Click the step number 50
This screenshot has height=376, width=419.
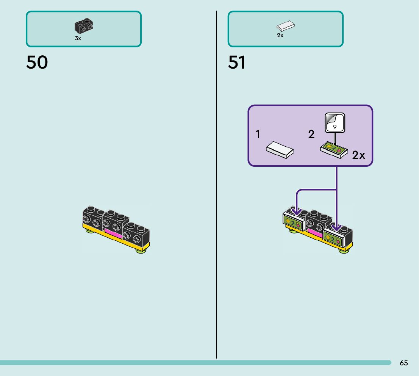click(37, 63)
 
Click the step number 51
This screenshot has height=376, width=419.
click(237, 63)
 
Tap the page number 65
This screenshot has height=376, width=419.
click(404, 363)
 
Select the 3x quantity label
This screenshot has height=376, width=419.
click(78, 38)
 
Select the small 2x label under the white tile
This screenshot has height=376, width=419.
click(280, 35)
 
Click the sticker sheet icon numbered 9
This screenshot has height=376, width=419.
click(335, 122)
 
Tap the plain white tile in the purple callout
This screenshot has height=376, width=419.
click(280, 149)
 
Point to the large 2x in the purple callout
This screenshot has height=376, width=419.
click(358, 155)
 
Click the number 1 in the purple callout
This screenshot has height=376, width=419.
click(258, 134)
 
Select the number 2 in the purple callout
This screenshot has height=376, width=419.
click(311, 134)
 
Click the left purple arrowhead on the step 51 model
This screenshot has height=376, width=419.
click(297, 211)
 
